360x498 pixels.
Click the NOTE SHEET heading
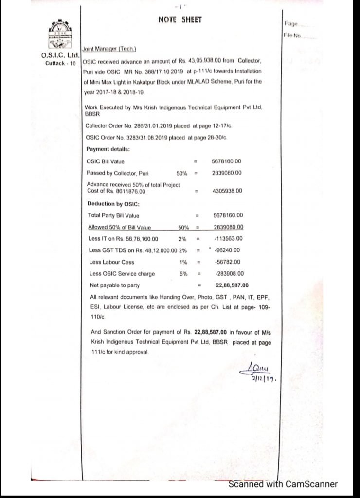coord(180,19)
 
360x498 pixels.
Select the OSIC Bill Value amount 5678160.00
coord(227,161)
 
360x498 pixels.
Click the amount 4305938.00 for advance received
coord(227,191)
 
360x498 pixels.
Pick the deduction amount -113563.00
coord(228,238)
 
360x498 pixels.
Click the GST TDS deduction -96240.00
coord(227,250)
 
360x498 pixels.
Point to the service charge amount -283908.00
coord(228,273)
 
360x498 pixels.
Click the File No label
coord(292,36)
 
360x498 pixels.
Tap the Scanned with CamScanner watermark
coord(283,484)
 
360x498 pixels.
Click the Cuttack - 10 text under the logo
coord(60,63)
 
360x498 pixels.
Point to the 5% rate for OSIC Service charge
coord(183,273)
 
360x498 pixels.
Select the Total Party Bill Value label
coord(113,215)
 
